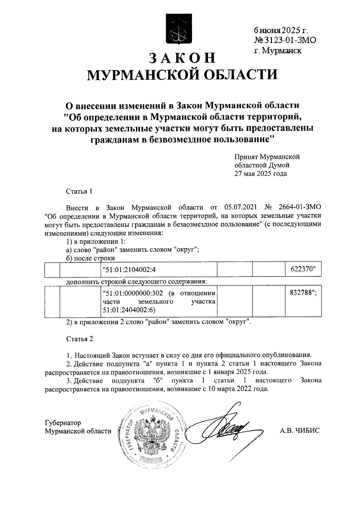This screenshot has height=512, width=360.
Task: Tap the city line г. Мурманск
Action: click(x=278, y=50)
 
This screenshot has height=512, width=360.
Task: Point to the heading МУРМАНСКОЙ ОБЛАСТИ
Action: click(x=182, y=75)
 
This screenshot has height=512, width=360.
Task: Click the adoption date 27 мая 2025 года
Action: click(x=260, y=174)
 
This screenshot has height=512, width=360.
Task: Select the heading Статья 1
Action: click(x=79, y=191)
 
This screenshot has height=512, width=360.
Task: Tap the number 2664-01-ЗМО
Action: click(x=300, y=207)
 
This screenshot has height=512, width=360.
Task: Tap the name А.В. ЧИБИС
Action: click(x=299, y=431)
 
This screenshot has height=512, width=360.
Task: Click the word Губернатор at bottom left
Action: click(x=63, y=423)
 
